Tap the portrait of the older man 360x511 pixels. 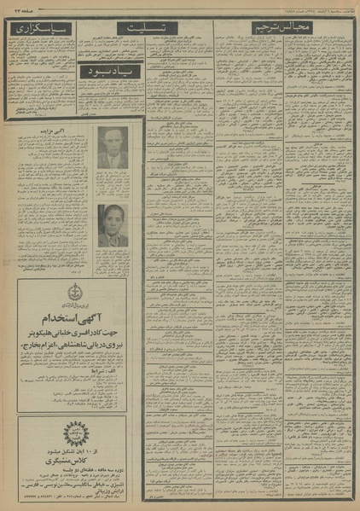[x=112, y=148]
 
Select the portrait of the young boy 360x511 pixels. [x=112, y=225]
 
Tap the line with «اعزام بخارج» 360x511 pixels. [x=72, y=342]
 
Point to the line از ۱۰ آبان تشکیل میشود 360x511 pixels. [x=47, y=449]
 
